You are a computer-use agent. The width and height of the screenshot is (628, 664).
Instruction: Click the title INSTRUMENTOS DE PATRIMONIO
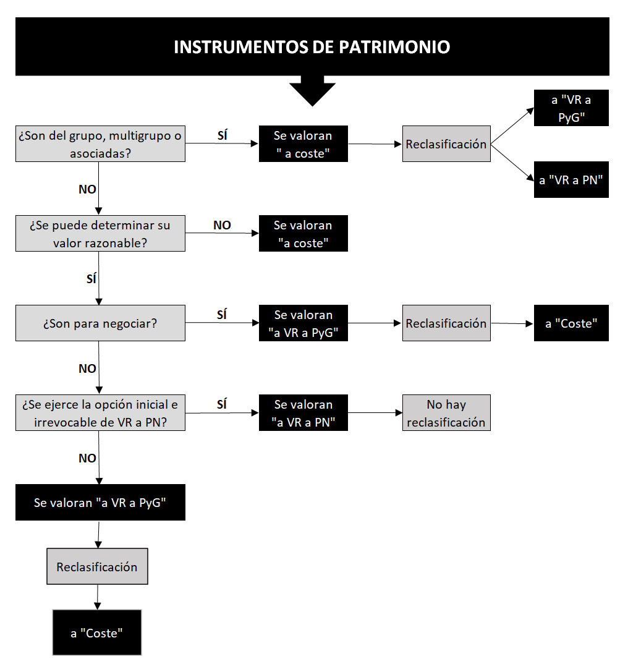point(312,46)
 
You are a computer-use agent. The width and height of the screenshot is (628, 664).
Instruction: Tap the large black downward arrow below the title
point(313,91)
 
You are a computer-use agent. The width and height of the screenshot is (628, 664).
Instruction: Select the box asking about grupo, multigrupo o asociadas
point(100,143)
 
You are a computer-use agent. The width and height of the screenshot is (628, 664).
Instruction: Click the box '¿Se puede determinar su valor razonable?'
point(100,233)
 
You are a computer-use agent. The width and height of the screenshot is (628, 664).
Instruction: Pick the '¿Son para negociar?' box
point(100,323)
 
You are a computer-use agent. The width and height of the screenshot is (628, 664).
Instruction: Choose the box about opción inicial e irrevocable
point(100,413)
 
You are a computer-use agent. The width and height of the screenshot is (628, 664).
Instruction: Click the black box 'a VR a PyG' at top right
point(571,108)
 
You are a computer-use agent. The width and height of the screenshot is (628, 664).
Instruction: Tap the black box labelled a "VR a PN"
point(571,179)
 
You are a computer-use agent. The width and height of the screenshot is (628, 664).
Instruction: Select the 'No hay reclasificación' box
point(446,413)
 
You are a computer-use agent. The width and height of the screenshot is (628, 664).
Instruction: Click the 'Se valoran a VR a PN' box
point(303,413)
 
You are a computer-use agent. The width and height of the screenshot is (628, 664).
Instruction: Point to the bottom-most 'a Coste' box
point(97,632)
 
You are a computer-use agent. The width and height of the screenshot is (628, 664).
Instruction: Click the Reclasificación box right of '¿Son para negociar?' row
point(446,323)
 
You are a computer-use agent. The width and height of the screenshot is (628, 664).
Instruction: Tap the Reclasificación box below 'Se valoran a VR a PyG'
point(98,566)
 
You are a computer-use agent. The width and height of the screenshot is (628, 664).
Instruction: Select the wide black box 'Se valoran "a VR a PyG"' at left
point(100,502)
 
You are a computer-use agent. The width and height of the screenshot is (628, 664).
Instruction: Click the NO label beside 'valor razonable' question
point(222,225)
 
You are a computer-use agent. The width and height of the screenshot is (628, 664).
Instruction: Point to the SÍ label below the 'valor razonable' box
point(91,279)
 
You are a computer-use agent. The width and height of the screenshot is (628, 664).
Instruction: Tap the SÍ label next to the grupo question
point(223,135)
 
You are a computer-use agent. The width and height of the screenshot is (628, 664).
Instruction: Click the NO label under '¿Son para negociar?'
point(87,368)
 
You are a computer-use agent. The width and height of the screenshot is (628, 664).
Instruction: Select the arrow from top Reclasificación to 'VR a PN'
point(512,163)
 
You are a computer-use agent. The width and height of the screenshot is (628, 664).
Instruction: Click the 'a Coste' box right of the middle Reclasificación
point(571,323)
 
